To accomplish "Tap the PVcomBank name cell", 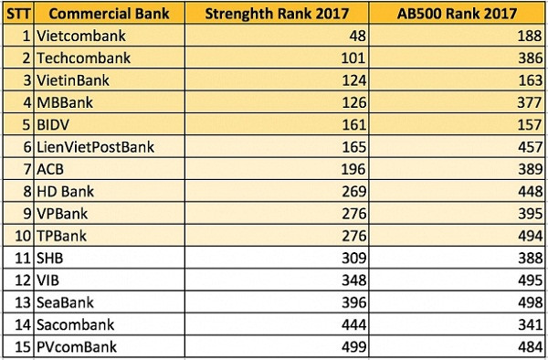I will (80, 345).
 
